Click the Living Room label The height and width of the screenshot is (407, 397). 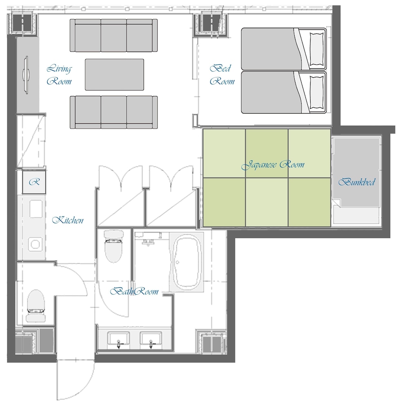59,75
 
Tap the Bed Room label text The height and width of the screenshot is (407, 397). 222,75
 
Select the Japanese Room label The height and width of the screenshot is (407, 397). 273,165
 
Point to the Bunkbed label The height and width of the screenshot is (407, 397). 357,182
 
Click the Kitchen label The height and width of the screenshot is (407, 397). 68,220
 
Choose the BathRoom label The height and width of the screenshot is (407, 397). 134,291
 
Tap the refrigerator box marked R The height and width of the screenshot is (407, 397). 34,182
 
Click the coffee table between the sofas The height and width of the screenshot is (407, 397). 115,74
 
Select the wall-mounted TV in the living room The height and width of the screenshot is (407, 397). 26,75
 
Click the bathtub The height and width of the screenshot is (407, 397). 187,262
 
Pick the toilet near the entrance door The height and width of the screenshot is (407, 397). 35,306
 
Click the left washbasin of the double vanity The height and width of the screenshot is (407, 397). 119,340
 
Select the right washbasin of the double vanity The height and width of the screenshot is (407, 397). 151,340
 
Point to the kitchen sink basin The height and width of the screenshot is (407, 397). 36,209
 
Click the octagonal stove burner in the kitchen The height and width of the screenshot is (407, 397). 35,244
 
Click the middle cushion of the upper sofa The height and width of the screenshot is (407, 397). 114,35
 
